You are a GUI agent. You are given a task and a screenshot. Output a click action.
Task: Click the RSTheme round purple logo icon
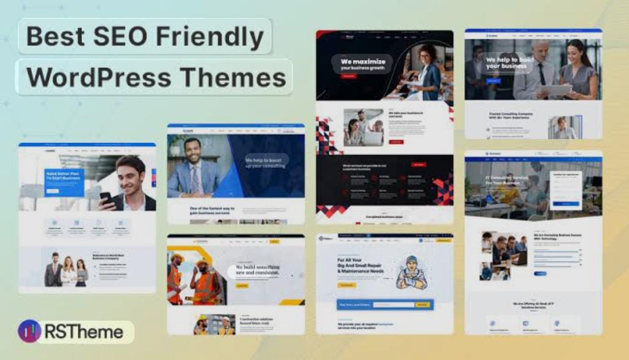point(29,332)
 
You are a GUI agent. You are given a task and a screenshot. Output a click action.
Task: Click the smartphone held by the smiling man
point(105,198)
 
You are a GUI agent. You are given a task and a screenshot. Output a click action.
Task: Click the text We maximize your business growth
point(363,64)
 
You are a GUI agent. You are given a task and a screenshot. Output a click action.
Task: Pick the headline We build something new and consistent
point(257,270)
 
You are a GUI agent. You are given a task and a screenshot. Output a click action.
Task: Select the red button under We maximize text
point(348,77)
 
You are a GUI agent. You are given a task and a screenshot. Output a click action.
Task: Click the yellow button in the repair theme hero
point(347,285)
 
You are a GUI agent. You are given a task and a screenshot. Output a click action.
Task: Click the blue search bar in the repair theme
point(385,304)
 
